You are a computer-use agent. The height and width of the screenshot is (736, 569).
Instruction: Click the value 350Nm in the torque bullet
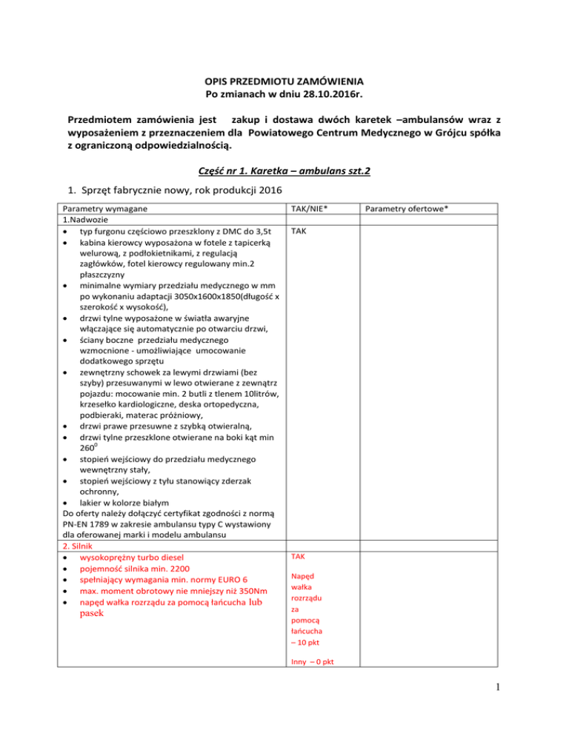tap(237, 592)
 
